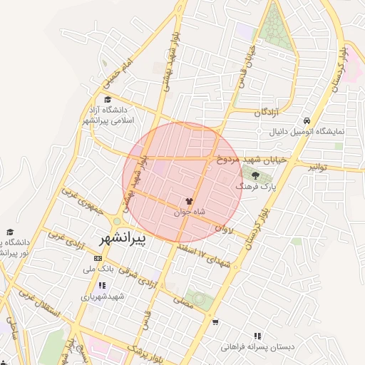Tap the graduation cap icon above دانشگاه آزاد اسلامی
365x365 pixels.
tap(108, 100)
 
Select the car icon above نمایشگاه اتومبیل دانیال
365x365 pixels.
tap(307, 120)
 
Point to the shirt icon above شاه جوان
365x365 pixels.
tap(190, 202)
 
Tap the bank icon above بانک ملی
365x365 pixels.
tap(98, 258)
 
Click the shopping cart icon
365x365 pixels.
tap(215, 322)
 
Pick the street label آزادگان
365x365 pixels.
tap(267, 113)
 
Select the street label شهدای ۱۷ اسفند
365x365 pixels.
tap(215, 257)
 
